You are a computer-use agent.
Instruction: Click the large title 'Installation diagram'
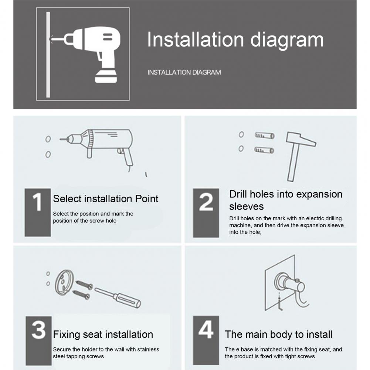pyautogui.click(x=235, y=40)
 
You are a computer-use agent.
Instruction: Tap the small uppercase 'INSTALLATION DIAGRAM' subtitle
pyautogui.click(x=184, y=72)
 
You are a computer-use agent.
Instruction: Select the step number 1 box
pyautogui.click(x=38, y=213)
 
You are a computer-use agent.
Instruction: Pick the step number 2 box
pyautogui.click(x=206, y=213)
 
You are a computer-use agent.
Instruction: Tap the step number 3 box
pyautogui.click(x=39, y=341)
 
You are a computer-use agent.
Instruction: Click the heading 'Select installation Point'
pyautogui.click(x=105, y=199)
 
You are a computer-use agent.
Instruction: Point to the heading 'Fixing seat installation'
pyautogui.click(x=103, y=335)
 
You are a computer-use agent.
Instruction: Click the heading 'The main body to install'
pyautogui.click(x=278, y=335)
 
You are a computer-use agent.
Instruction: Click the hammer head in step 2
pyautogui.click(x=301, y=139)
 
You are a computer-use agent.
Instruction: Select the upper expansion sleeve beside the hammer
pyautogui.click(x=265, y=136)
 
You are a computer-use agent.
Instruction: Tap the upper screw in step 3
pyautogui.click(x=84, y=285)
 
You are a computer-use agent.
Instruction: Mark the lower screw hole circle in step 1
pyautogui.click(x=48, y=155)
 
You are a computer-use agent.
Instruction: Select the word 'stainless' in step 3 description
pyautogui.click(x=149, y=349)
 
